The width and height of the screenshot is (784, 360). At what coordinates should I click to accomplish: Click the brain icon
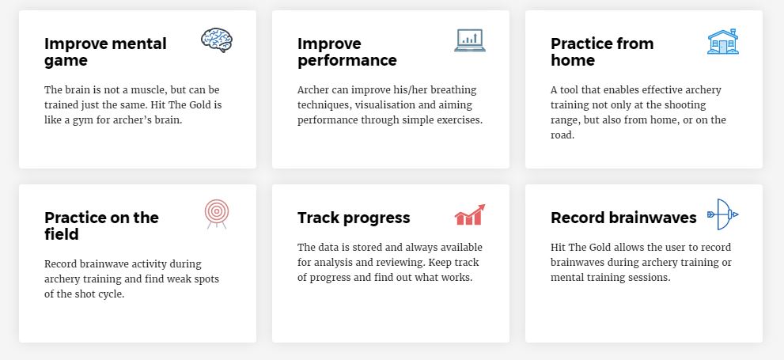pos(217,40)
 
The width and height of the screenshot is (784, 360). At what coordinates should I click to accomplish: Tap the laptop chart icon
pos(469,40)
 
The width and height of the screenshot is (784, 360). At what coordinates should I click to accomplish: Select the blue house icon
pos(723,41)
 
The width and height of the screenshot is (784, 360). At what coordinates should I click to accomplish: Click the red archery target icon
pos(217,214)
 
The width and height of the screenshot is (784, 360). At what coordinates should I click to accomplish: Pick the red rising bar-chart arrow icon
pos(469,214)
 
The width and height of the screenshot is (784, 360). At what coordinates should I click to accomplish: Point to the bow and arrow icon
pos(723,214)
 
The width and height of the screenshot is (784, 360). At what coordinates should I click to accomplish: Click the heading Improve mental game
pos(105,51)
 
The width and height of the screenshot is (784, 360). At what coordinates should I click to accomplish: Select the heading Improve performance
pos(347,51)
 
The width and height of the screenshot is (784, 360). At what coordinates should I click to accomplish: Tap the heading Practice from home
pos(602,51)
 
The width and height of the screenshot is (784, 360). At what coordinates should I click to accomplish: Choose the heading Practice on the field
pos(101,225)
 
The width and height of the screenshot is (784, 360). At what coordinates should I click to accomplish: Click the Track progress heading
pos(354,218)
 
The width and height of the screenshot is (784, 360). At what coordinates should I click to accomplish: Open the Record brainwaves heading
pos(623,218)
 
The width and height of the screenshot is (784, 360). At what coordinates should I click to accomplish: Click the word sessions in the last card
pos(651,277)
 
